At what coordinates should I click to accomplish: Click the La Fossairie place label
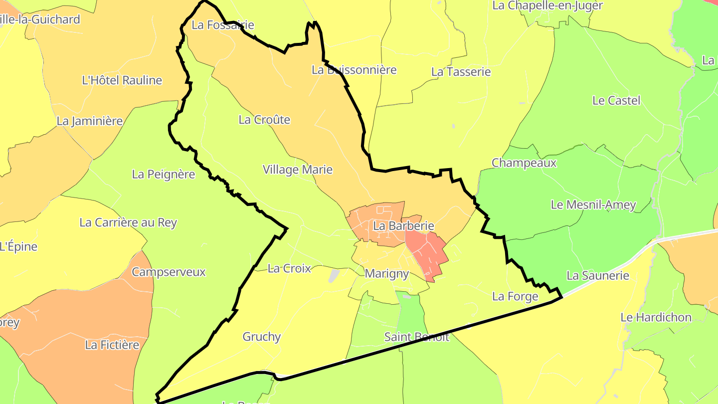[x=223, y=25]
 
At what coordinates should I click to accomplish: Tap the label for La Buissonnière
[x=354, y=70]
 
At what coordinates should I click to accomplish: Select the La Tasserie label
[x=461, y=72]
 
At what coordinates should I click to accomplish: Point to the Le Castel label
[x=616, y=100]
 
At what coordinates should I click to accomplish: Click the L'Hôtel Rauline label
[x=122, y=80]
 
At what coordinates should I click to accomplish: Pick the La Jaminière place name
[x=90, y=121]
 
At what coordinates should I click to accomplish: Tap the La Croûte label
[x=264, y=120]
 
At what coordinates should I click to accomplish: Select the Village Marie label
[x=298, y=170]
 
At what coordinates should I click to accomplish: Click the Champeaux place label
[x=524, y=163]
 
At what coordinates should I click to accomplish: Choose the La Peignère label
[x=164, y=174]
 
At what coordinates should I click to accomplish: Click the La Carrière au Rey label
[x=128, y=222]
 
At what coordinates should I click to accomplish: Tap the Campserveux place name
[x=169, y=272]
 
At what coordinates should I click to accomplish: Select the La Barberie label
[x=403, y=226]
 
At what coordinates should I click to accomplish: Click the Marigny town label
[x=387, y=273]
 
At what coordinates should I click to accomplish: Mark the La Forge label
[x=515, y=296]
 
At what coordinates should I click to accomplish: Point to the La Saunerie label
[x=598, y=275]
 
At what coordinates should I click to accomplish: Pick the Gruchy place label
[x=262, y=337]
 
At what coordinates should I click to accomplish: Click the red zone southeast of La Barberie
[x=427, y=252]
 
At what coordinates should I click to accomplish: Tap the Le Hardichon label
[x=656, y=317]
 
